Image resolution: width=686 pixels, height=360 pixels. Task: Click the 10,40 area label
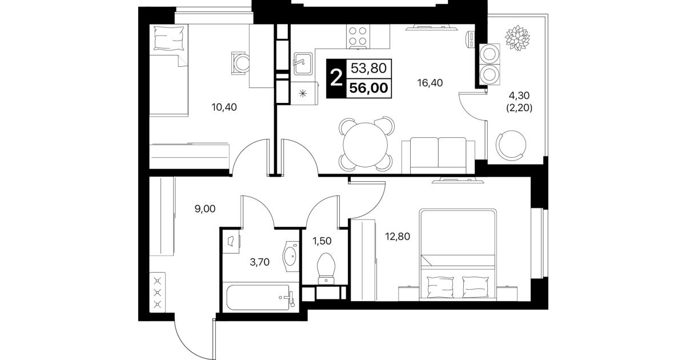click(x=224, y=107)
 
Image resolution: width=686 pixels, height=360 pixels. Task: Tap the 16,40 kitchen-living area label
click(x=430, y=83)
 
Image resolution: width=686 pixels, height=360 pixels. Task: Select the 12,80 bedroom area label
click(x=397, y=237)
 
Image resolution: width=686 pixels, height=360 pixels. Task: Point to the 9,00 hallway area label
click(x=205, y=209)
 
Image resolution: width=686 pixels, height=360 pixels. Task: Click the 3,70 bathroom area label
click(x=260, y=262)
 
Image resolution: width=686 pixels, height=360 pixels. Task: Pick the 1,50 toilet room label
click(x=322, y=241)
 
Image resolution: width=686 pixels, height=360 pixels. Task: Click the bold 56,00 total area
click(x=369, y=88)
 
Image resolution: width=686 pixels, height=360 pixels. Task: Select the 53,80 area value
click(x=369, y=68)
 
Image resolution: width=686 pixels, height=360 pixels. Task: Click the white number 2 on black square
click(x=336, y=78)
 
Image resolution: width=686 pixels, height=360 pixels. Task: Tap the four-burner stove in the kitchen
click(x=358, y=37)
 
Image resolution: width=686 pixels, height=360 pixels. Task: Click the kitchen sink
click(x=303, y=64)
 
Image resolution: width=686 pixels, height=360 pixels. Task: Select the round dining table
click(x=365, y=145)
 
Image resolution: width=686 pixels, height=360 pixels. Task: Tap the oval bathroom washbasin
click(x=290, y=256)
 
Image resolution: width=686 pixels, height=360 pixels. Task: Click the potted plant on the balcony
click(x=517, y=38)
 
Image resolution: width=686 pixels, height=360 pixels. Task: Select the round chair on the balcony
click(x=511, y=145)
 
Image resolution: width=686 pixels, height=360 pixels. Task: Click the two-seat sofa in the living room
click(x=438, y=155)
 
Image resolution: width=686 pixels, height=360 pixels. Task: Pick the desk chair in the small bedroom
click(x=240, y=63)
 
